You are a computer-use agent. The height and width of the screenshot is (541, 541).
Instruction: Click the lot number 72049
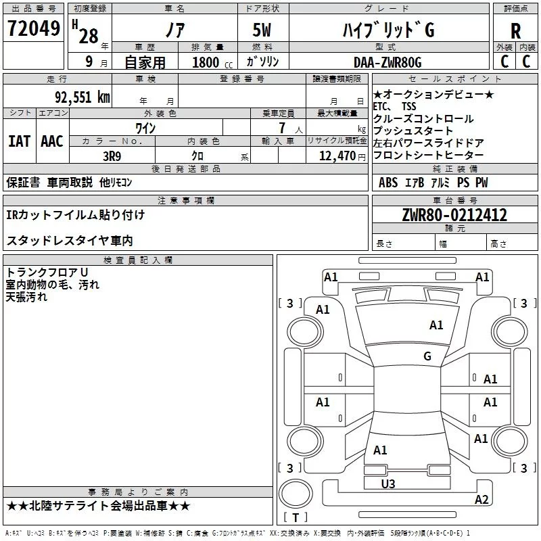(x=34, y=28)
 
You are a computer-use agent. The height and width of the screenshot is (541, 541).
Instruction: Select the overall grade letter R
(x=515, y=31)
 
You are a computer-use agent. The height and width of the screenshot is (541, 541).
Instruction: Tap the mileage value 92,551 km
(x=83, y=97)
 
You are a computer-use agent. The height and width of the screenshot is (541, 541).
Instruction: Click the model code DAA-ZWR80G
(x=387, y=63)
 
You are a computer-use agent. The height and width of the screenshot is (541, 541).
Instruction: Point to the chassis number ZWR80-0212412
(x=454, y=215)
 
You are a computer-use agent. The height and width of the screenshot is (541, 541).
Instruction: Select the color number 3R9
(x=112, y=156)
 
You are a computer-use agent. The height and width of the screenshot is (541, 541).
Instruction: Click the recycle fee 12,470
(x=337, y=156)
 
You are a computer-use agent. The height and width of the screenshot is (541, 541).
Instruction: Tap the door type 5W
(x=262, y=30)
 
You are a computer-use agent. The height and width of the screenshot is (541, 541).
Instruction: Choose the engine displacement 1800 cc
(x=212, y=63)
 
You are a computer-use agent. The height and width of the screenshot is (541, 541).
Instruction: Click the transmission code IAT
(x=19, y=141)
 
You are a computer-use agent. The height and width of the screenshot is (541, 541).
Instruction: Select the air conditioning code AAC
(x=52, y=141)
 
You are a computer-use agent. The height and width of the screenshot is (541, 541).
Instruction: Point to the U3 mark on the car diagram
(x=387, y=484)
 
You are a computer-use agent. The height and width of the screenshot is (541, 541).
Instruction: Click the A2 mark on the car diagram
(x=481, y=499)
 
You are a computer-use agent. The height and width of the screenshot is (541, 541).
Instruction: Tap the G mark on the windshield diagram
(x=427, y=356)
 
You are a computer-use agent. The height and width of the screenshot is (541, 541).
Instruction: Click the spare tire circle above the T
(x=296, y=494)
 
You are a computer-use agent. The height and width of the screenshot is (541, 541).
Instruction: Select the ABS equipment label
(x=388, y=183)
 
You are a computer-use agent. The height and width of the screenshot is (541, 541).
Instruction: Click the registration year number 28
(x=89, y=36)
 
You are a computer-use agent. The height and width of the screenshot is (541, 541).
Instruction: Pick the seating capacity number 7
(x=282, y=128)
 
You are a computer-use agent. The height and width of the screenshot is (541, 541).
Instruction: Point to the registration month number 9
(x=89, y=62)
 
